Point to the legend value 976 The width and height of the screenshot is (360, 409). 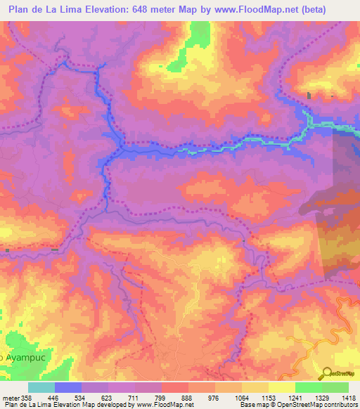[213, 397]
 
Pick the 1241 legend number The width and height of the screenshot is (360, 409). [295, 397]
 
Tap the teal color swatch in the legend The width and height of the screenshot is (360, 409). [41, 387]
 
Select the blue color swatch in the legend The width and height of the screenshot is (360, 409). [68, 387]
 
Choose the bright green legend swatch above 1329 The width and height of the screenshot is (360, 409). [308, 387]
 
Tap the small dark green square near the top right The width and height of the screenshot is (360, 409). [308, 95]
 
